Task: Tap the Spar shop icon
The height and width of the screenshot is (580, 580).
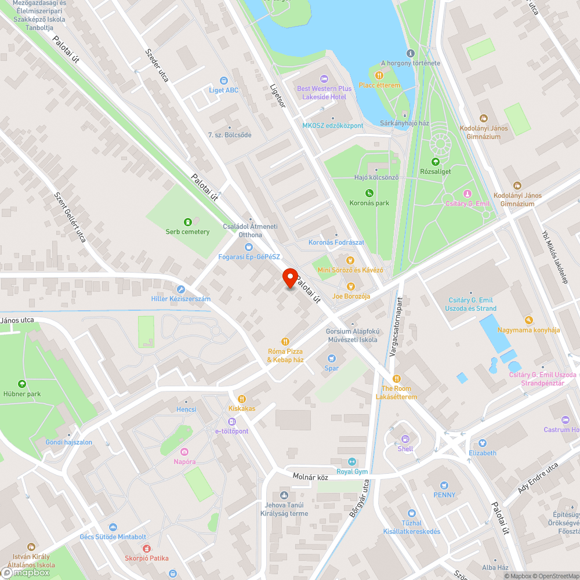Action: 332,358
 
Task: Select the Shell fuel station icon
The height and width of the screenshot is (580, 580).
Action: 405,439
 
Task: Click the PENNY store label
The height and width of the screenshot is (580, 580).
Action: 444,495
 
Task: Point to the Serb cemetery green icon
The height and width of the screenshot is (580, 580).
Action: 187,222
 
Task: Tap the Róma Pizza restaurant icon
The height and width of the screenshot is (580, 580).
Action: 285,341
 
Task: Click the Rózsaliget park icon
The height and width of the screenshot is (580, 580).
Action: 435,161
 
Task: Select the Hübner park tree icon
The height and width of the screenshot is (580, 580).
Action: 22,384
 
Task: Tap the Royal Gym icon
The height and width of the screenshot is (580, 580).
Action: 351,462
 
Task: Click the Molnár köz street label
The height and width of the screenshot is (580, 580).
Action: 310,477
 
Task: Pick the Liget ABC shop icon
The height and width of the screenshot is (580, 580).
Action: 223,81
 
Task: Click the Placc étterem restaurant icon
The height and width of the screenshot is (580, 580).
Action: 379,75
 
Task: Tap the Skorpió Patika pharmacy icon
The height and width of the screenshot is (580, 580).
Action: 146,548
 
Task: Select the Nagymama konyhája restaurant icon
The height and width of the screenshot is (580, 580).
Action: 528,320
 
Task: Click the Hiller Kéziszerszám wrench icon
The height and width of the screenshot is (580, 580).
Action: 180,289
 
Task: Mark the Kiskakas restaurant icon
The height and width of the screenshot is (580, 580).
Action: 242,398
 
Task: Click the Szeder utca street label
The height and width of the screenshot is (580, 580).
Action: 157,64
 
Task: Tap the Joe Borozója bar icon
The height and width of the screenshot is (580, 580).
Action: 350,286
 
